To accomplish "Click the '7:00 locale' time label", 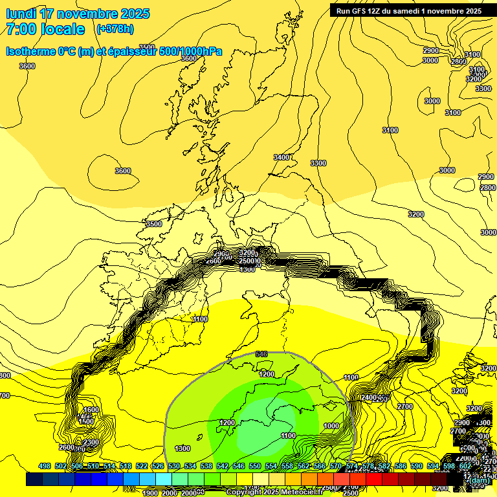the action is tap(45, 29).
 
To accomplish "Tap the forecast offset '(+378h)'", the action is tap(115, 29).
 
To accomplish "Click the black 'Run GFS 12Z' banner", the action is tap(409, 10).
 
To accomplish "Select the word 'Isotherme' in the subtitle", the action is tap(30, 52).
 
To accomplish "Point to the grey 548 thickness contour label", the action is tap(261, 354).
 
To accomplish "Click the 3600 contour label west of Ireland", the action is tap(122, 171).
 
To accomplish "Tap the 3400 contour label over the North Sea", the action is tap(282, 157).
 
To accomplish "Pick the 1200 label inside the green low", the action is tap(266, 374).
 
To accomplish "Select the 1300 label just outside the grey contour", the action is tap(182, 448).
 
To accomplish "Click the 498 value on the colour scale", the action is tap(45, 466).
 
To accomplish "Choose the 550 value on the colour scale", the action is tap(254, 466).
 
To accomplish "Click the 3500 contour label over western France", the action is tap(153, 224).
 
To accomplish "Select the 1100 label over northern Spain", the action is tap(200, 319).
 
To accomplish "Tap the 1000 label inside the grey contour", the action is tap(331, 426).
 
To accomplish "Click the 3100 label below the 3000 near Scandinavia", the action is tap(453, 113).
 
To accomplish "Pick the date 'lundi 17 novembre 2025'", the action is tap(77, 14).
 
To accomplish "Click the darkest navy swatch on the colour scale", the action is tap(34, 479).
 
